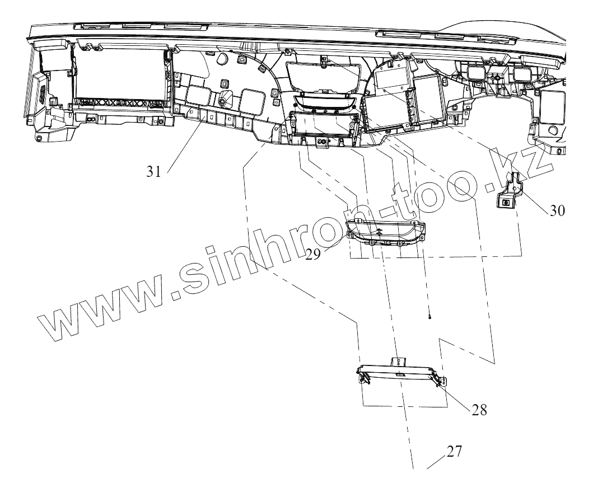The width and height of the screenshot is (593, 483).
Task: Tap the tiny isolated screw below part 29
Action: (429, 317)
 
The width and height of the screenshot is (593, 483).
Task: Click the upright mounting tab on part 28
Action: (398, 364)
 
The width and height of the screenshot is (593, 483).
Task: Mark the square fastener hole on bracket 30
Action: (506, 203)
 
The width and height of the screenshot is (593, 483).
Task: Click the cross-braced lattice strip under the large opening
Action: (118, 104)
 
